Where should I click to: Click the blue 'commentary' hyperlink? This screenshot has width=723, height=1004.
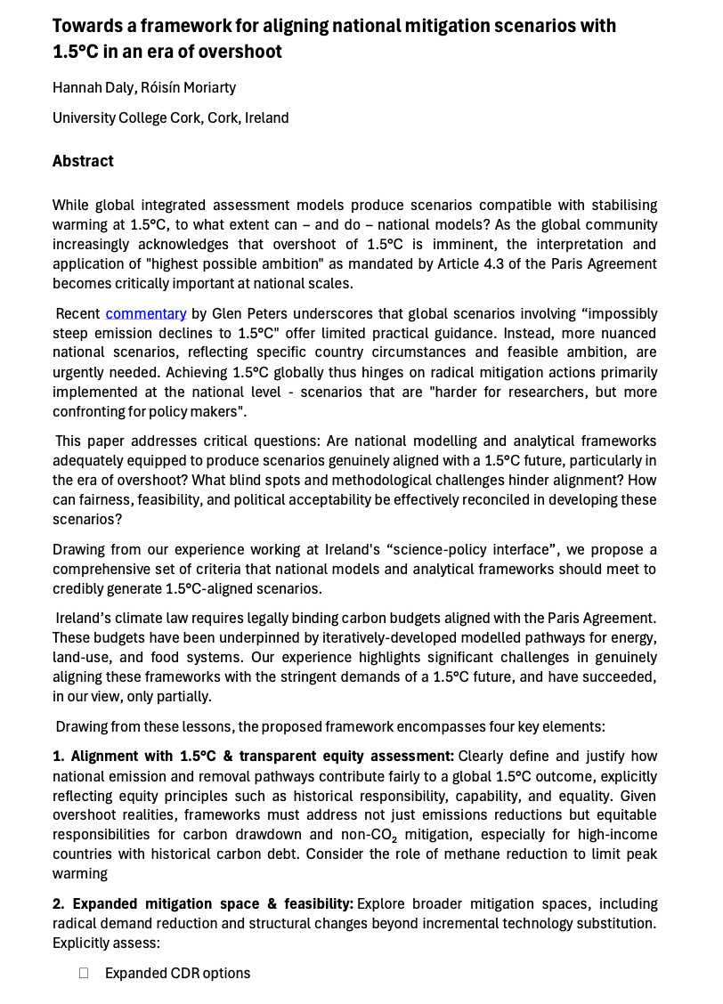pyautogui.click(x=145, y=313)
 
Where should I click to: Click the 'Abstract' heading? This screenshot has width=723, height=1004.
pyautogui.click(x=83, y=161)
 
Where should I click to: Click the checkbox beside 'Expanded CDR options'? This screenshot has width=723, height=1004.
pyautogui.click(x=84, y=973)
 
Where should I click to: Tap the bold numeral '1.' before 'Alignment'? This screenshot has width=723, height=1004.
pyautogui.click(x=59, y=756)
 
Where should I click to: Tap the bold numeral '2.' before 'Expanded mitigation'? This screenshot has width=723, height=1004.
pyautogui.click(x=59, y=903)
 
